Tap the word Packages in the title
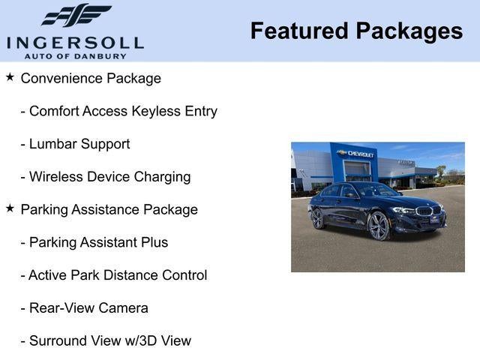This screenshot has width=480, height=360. (409, 31)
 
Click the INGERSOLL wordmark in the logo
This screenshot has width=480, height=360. (75, 42)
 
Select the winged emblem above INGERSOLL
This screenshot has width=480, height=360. (76, 16)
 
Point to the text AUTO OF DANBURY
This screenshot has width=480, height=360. (75, 55)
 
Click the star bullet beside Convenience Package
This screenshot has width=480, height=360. (10, 77)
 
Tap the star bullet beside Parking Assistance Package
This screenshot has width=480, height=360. (10, 208)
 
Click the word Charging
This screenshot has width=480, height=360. (162, 177)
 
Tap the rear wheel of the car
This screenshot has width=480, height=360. (317, 218)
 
